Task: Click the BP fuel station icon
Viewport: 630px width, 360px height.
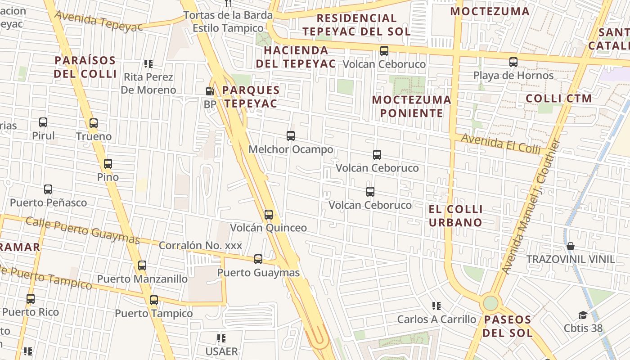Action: tap(210, 91)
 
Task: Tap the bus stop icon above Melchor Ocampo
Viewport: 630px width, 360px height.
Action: tap(291, 135)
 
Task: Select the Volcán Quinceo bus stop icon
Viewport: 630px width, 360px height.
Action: tap(269, 214)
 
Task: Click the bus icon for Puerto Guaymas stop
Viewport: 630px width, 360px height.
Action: tap(258, 259)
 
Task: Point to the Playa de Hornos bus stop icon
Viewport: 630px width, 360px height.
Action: tap(513, 62)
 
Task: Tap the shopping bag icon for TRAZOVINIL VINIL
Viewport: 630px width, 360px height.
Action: tap(571, 246)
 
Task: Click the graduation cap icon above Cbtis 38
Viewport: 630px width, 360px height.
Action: tap(583, 315)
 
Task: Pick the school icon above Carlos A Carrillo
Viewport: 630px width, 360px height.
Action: tap(436, 306)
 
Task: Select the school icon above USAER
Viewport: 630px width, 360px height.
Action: tap(221, 338)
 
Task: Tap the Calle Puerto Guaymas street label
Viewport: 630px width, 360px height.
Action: tap(83, 230)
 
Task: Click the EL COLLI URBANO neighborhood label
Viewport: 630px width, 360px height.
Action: tap(455, 216)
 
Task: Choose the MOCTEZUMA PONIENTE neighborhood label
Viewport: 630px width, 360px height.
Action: tap(412, 106)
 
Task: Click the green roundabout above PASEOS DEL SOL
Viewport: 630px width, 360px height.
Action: tap(491, 303)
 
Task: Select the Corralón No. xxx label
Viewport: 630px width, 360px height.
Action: tap(200, 246)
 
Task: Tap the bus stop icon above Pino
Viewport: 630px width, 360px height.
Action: tap(108, 164)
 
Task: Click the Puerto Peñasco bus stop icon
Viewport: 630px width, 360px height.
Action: tap(48, 189)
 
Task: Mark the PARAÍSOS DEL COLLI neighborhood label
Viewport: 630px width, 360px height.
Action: tap(85, 67)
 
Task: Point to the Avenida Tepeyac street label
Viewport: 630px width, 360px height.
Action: tap(99, 21)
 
